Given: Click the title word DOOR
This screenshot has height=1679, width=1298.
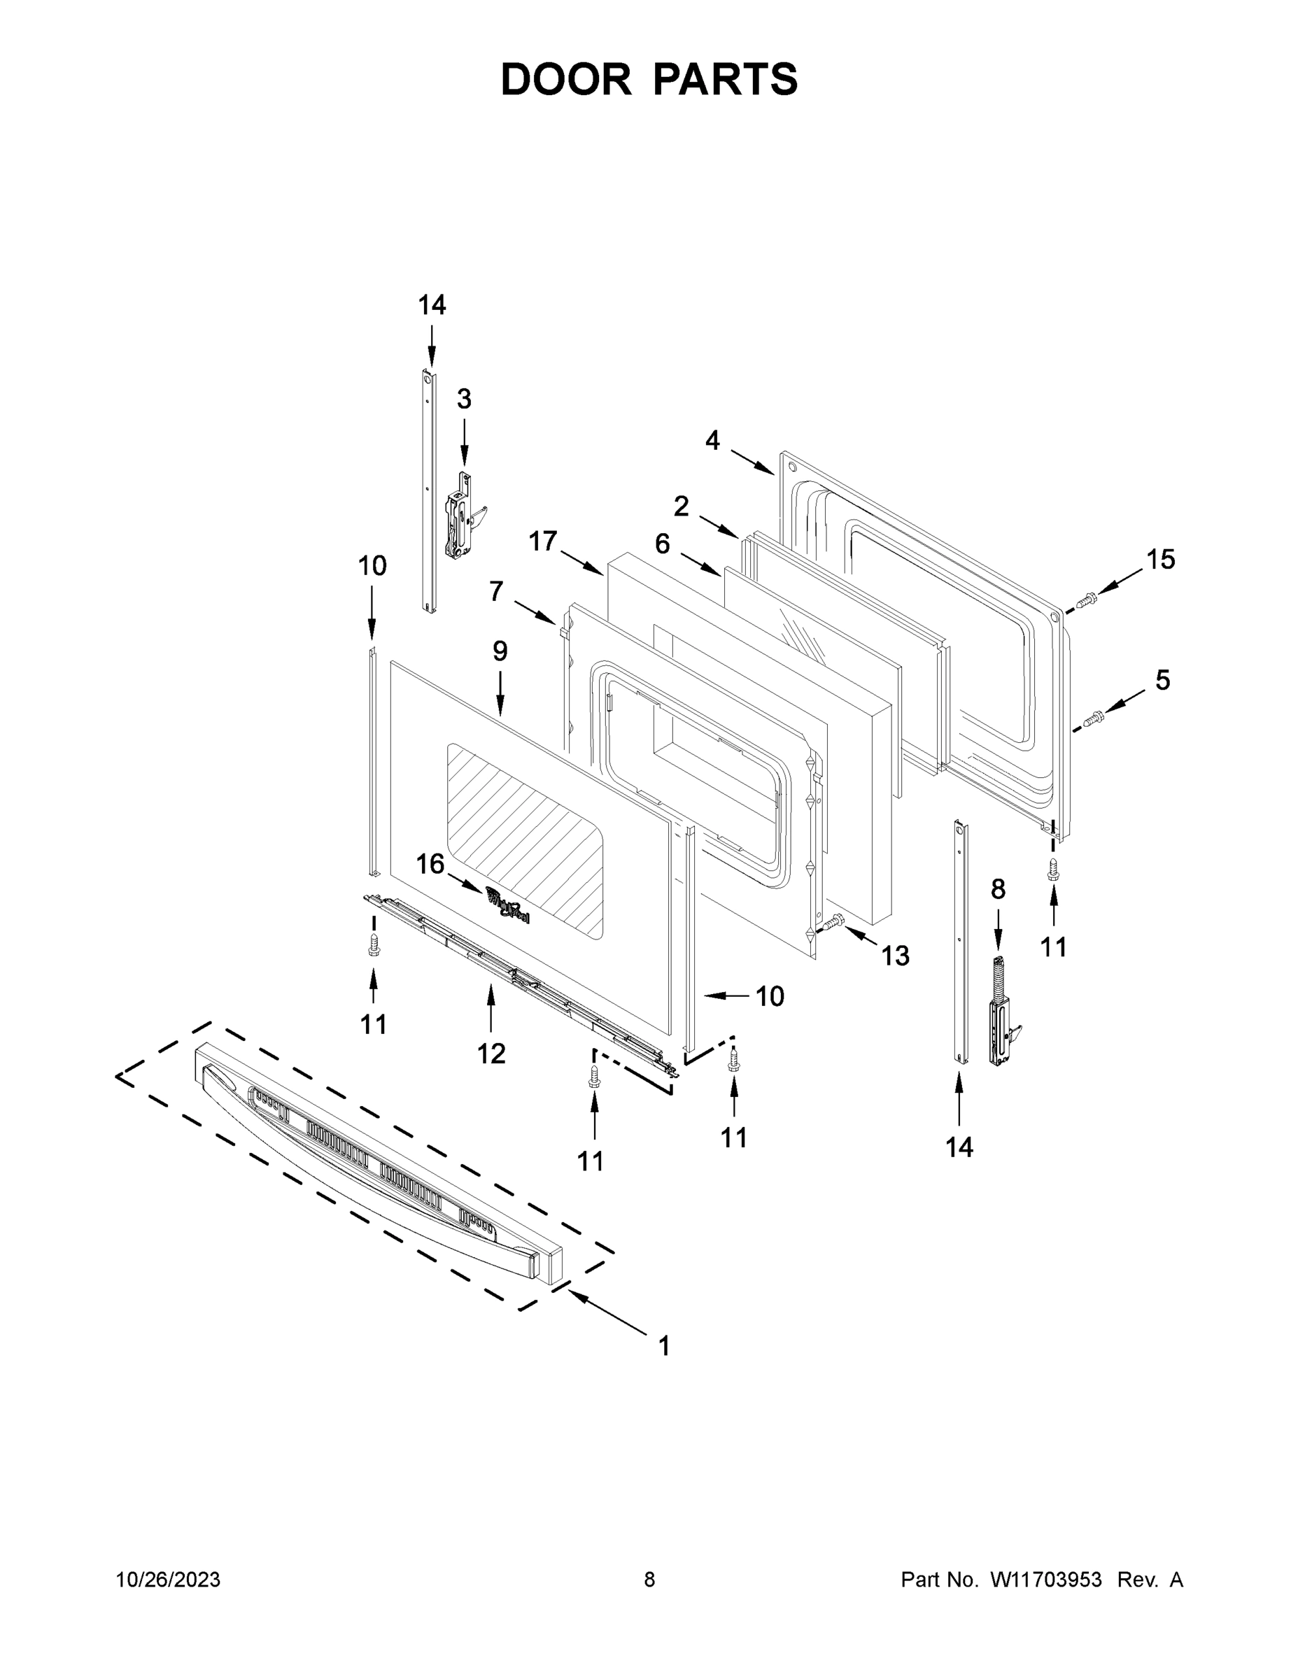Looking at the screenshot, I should tap(565, 79).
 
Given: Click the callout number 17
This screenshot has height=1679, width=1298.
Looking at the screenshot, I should tap(543, 541).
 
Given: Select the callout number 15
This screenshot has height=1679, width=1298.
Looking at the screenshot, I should tap(1160, 560).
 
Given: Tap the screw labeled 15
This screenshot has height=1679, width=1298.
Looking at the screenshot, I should tap(1086, 601).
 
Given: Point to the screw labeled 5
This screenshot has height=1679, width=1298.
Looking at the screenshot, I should tap(1093, 718).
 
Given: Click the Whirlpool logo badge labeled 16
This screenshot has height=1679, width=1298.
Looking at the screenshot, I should tap(508, 904).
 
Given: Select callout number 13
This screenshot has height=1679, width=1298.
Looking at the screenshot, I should tap(895, 956).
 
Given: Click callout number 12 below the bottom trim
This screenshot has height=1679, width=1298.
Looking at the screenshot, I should tap(491, 1052).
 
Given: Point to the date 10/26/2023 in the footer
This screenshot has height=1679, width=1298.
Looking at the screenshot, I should tap(169, 1579).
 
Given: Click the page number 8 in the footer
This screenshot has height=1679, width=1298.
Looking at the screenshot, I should tap(649, 1579).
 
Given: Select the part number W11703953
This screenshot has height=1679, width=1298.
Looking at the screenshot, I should tap(1046, 1579).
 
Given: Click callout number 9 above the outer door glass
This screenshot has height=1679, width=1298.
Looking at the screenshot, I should tap(500, 651).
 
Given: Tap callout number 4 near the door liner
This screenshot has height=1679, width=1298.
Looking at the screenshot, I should tap(712, 441).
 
